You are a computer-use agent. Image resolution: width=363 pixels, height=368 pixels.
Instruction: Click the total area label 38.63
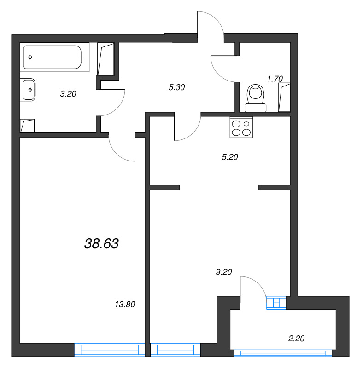[102, 244]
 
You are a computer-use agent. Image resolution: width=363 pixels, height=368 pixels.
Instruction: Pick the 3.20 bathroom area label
[68, 93]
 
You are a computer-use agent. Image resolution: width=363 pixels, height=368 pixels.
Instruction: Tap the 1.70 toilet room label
[275, 78]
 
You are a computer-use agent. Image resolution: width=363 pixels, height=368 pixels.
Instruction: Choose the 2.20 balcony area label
[296, 339]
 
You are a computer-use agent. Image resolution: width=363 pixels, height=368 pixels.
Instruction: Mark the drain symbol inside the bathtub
[30, 57]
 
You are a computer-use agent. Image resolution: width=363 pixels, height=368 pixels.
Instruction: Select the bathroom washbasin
[29, 90]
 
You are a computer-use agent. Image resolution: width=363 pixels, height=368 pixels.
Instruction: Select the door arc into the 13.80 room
[121, 149]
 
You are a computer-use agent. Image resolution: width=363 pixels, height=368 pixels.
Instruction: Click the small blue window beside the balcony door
[276, 302]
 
